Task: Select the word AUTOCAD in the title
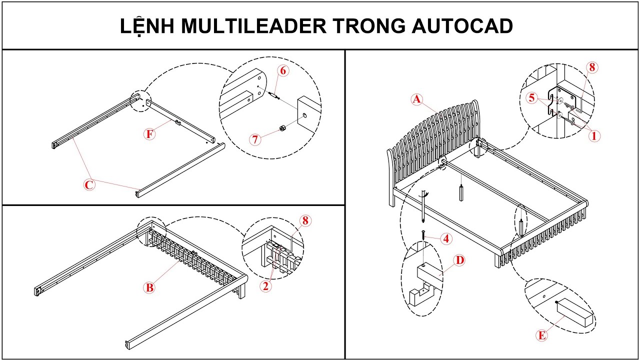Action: [462, 26]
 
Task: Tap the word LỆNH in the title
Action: [147, 26]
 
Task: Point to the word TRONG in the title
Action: [369, 26]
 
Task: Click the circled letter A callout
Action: [417, 99]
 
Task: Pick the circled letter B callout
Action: [148, 287]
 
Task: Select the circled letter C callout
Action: [88, 185]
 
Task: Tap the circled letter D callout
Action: [459, 260]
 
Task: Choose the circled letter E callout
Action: [541, 335]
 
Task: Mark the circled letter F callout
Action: [149, 134]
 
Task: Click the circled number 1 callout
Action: [593, 135]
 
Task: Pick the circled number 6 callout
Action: [283, 70]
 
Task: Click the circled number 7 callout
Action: [255, 139]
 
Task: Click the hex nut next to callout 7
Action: [282, 128]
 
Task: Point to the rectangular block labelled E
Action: [575, 312]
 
